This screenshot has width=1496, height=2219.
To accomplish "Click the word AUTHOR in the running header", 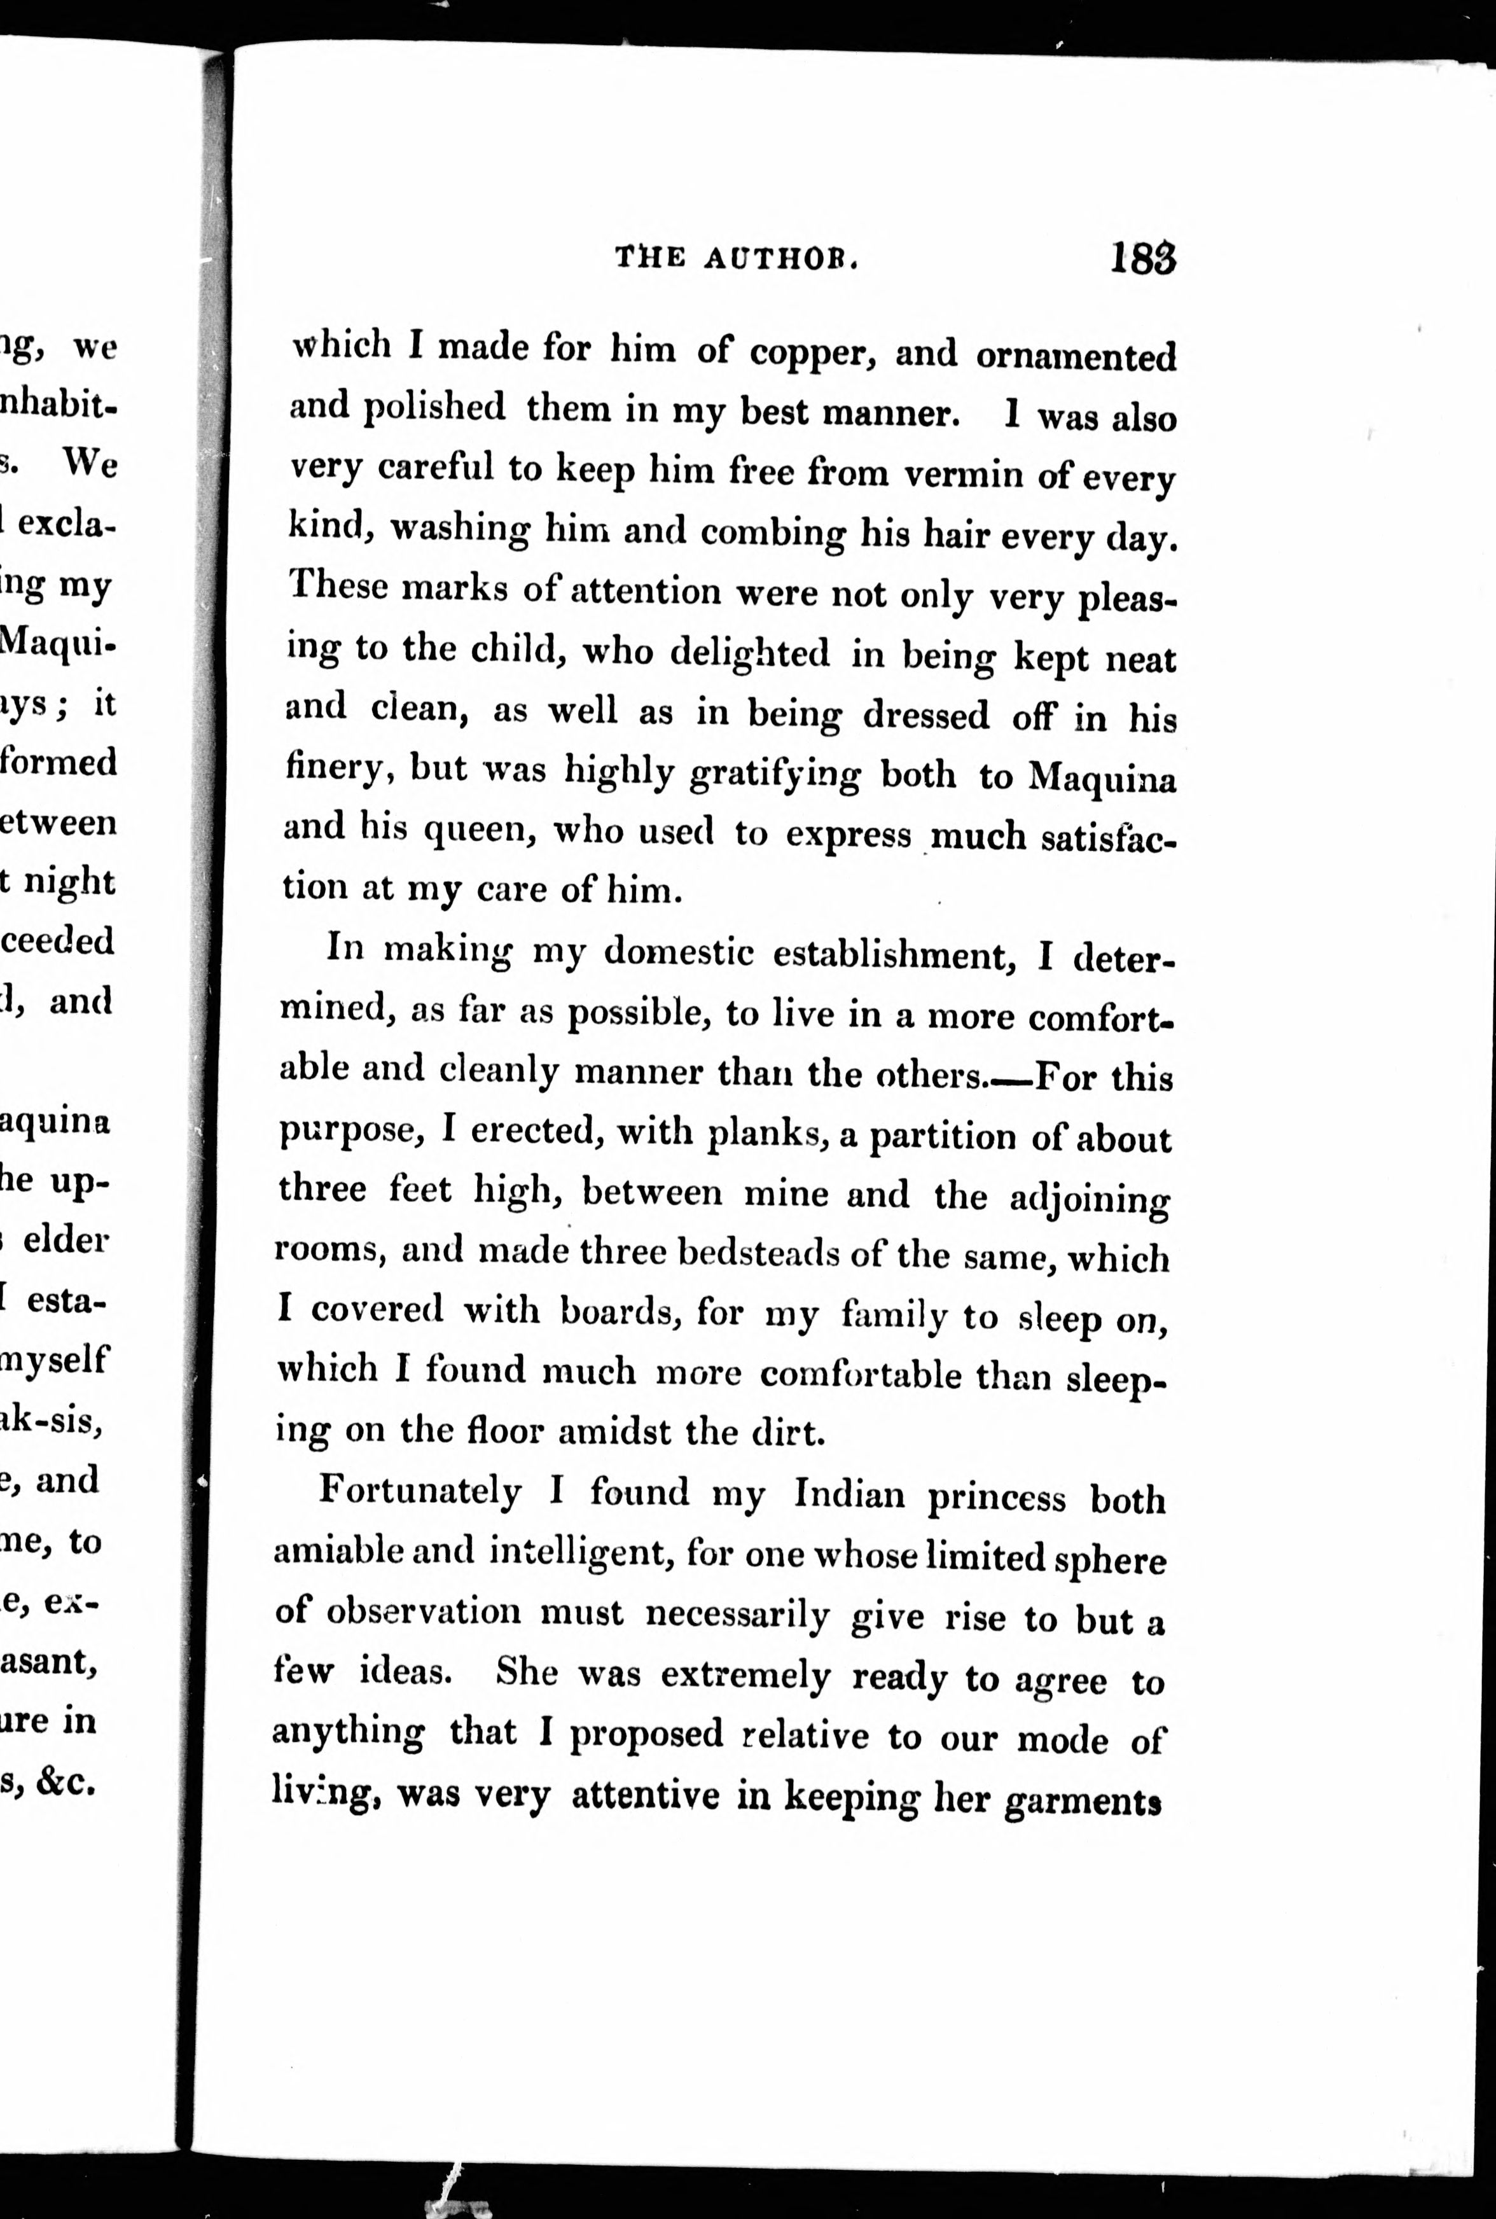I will tap(782, 258).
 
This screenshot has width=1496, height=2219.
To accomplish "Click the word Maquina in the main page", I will tap(1101, 777).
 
